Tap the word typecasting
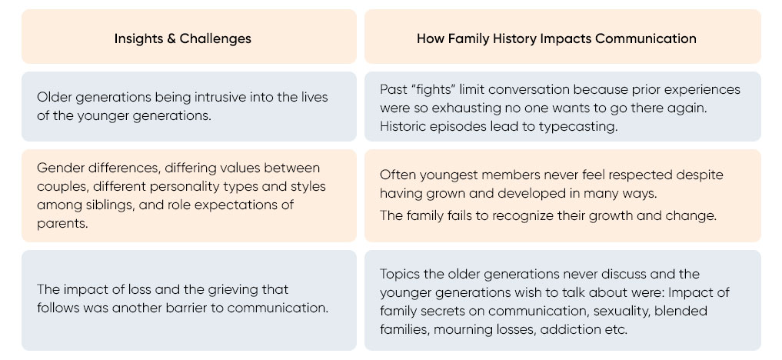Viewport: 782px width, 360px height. (x=578, y=127)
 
